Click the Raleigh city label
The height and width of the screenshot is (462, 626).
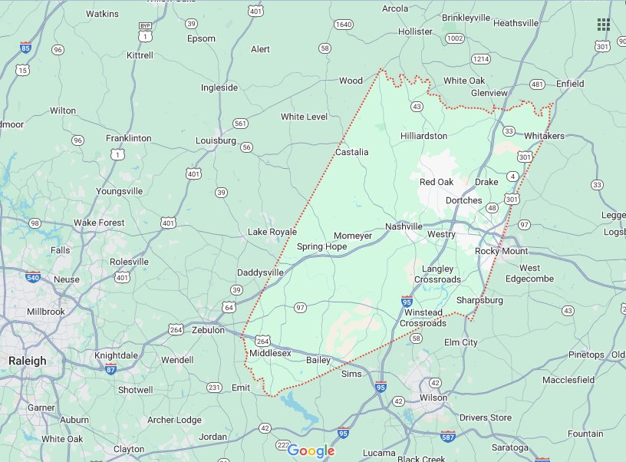coord(27,361)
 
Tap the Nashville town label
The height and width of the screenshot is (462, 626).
coord(404,226)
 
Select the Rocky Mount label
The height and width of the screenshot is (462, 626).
coord(501,251)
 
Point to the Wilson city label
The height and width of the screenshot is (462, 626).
coord(433,398)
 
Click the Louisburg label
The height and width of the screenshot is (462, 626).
coord(216,140)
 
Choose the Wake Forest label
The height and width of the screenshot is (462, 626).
coord(99,223)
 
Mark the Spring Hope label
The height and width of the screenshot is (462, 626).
coord(321,246)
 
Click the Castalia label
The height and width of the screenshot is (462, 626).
coord(351,152)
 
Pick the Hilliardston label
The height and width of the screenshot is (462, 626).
coord(423,136)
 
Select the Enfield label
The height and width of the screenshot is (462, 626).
coord(570,84)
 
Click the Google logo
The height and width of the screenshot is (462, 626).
coord(311,450)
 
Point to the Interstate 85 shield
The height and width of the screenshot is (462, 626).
coord(26,47)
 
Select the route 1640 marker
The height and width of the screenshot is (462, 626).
coord(344,25)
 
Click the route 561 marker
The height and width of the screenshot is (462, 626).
coord(240,123)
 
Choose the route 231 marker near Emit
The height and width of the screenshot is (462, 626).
coord(214,387)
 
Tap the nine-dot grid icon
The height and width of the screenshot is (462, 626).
coord(604,25)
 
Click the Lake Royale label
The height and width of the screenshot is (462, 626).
coord(272,232)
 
